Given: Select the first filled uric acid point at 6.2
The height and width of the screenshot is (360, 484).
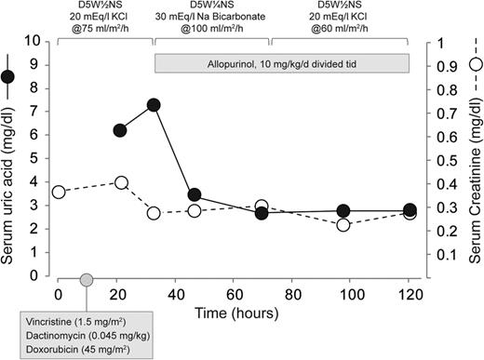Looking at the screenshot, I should click(120, 130).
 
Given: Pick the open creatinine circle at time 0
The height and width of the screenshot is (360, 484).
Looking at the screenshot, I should click(59, 192).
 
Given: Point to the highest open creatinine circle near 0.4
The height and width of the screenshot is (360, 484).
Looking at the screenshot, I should click(120, 182).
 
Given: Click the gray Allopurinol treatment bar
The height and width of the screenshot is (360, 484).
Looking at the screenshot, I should click(282, 63).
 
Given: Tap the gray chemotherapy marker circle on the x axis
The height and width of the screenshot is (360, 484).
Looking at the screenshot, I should click(87, 280).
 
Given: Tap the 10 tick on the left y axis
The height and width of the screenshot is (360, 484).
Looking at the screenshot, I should click(38, 41).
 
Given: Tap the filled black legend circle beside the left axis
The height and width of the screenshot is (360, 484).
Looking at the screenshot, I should click(10, 76).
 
